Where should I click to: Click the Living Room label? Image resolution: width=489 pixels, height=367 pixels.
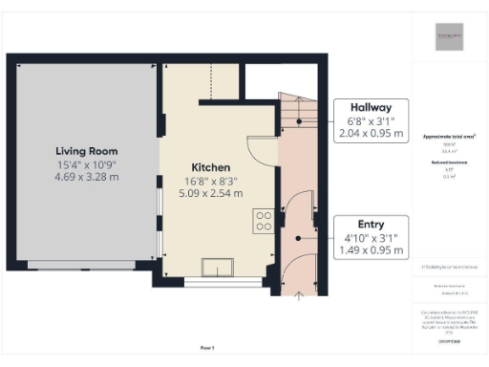(86, 151)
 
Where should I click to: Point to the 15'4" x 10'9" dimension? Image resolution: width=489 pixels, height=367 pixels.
(86, 163)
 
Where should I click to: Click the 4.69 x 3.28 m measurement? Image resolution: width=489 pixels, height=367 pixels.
(86, 176)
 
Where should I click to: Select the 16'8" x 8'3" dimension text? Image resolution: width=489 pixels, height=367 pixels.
(210, 180)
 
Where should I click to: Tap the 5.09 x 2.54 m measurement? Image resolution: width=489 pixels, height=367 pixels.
(210, 192)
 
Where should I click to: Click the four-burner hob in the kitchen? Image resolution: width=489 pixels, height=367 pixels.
(263, 222)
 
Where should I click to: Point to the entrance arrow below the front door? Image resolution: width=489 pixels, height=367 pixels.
(299, 296)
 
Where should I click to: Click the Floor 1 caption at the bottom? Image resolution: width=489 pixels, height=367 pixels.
(207, 347)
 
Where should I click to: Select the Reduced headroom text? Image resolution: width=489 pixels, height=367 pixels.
(450, 163)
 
